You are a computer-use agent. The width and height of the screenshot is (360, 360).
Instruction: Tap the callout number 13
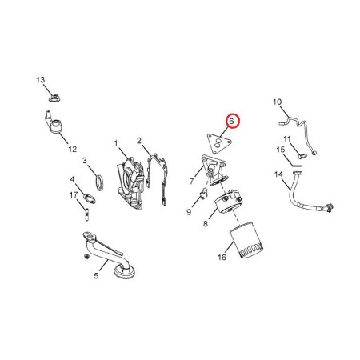point(41,80)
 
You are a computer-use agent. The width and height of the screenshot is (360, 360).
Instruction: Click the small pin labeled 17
point(86,214)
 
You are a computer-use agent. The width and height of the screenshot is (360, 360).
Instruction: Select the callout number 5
point(96,275)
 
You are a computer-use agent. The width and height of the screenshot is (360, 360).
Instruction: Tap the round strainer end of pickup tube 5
point(124,271)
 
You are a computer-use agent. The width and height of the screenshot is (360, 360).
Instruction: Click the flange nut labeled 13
point(54,98)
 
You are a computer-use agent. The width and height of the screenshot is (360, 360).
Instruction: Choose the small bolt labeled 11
point(301,155)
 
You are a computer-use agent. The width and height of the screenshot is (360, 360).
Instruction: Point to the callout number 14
point(278,174)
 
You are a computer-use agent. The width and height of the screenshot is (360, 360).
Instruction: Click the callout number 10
point(277,102)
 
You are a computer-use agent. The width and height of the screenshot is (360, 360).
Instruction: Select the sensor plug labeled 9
point(204,194)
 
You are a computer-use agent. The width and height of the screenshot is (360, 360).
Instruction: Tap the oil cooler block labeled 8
point(228,203)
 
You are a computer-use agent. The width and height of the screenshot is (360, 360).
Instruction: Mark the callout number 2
point(139,141)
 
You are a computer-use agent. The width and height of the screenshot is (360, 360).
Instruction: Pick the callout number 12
point(72,149)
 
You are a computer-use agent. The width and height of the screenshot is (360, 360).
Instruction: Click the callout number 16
point(222,258)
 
